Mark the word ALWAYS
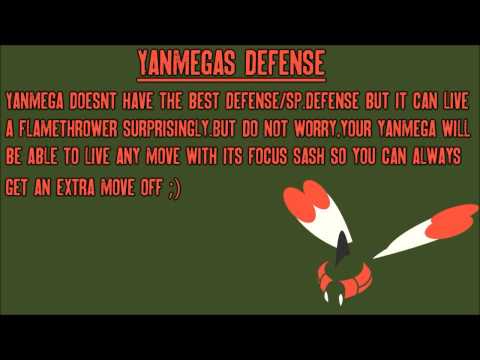[x=436, y=158]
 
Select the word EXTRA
[x=95, y=187]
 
